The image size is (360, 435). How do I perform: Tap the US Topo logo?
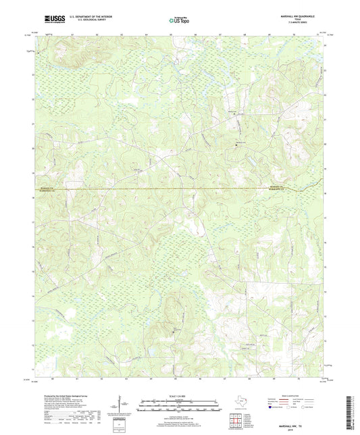pyautogui.click(x=178, y=21)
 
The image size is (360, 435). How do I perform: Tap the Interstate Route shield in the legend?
pyautogui.click(x=272, y=408)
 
